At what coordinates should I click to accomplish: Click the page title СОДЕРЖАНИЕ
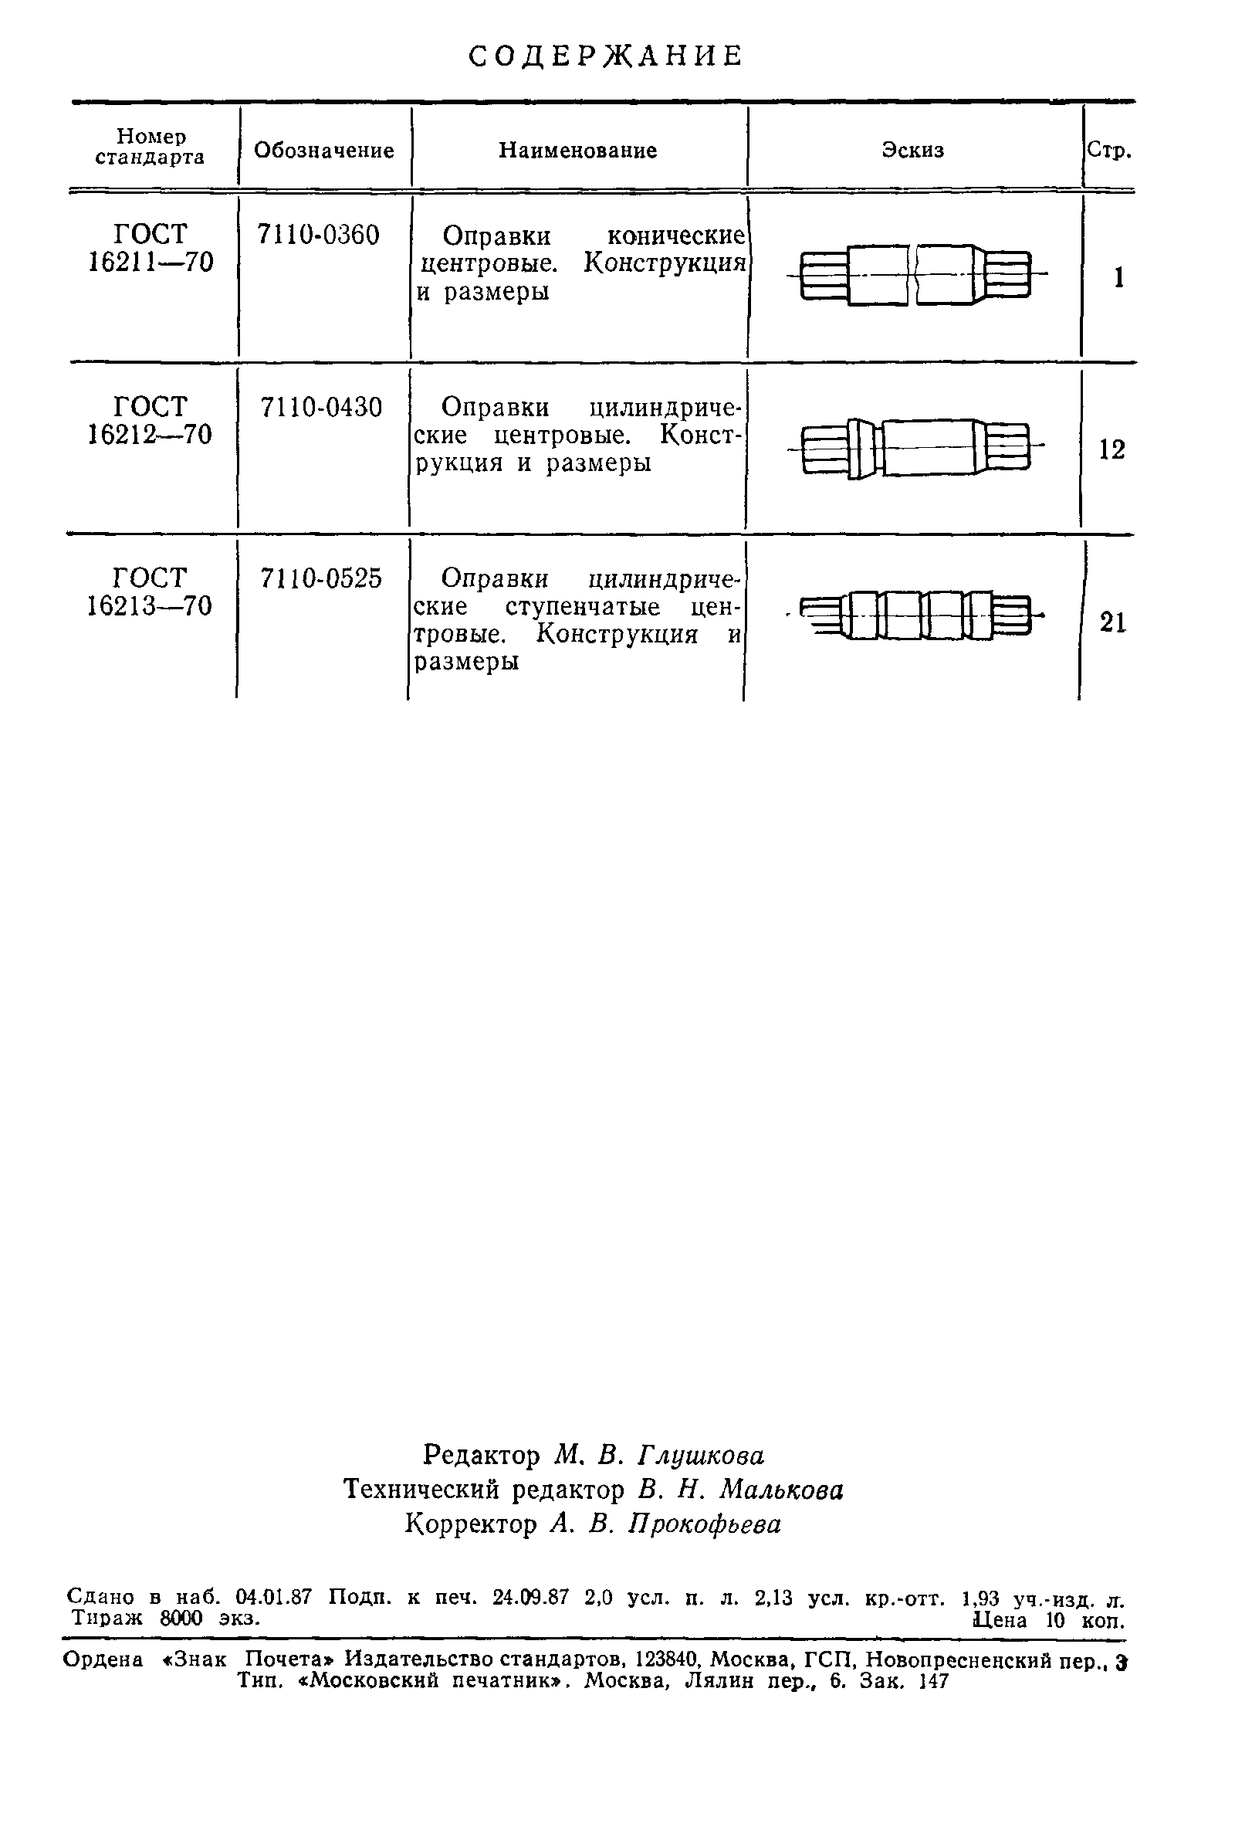(605, 56)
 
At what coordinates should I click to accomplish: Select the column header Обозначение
(323, 151)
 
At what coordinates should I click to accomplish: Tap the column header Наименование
(577, 151)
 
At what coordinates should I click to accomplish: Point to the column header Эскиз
(913, 151)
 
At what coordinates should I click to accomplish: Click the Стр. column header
(1109, 151)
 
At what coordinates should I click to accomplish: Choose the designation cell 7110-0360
(318, 235)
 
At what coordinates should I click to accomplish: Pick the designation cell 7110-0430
(321, 407)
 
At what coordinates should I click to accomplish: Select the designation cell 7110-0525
(321, 579)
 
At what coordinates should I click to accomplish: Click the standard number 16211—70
(151, 263)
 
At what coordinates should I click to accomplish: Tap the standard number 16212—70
(150, 434)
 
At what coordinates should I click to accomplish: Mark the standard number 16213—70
(150, 606)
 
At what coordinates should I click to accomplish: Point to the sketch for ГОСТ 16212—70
(915, 447)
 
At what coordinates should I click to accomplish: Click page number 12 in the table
(1112, 450)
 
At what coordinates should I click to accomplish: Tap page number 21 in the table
(1113, 622)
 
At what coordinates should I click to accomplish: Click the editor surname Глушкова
(700, 1454)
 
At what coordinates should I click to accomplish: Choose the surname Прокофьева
(705, 1524)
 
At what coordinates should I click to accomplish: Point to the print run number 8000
(181, 1618)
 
